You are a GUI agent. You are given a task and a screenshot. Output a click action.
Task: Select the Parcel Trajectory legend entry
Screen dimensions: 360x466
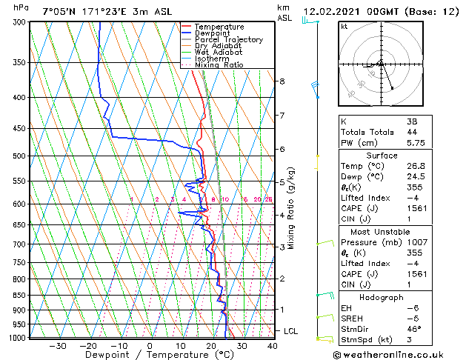(222, 40)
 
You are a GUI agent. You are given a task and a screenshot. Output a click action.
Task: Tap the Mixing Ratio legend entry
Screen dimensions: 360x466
(219, 65)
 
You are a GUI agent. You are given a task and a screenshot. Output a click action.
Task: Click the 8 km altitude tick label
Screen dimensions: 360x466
(282, 81)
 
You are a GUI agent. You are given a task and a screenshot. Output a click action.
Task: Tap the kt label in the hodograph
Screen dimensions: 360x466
(344, 27)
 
